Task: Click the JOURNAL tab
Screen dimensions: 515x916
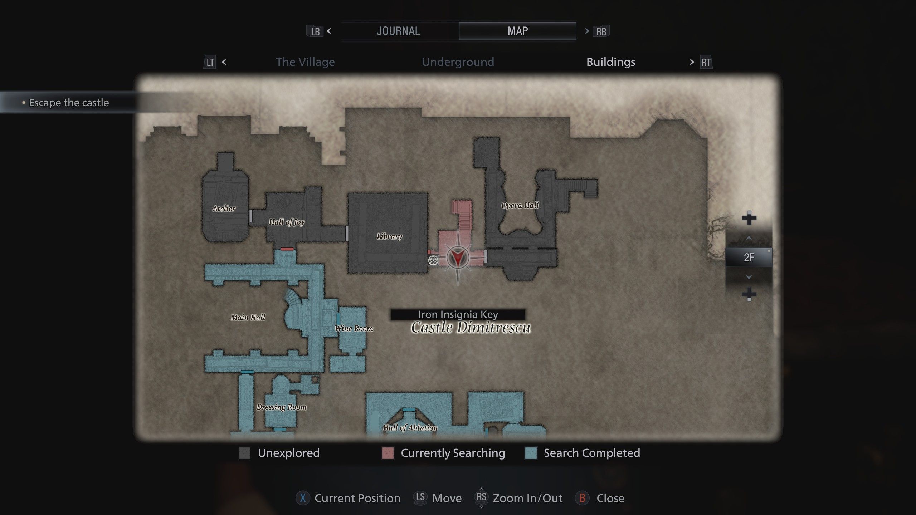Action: click(398, 31)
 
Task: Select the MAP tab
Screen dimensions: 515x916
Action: click(517, 31)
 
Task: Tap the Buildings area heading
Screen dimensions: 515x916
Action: click(611, 62)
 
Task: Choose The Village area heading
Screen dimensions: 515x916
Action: click(305, 62)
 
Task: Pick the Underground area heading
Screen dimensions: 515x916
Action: click(458, 62)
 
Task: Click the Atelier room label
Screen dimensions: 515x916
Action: click(224, 209)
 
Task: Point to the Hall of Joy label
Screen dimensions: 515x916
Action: click(287, 222)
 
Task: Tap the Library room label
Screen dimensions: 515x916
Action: click(389, 236)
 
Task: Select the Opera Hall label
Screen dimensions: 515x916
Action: click(520, 205)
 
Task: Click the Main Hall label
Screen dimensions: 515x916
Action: click(248, 317)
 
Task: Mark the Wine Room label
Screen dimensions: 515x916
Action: click(354, 328)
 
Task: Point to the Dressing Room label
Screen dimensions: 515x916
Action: click(282, 407)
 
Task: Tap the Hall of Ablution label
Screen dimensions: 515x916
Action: click(410, 427)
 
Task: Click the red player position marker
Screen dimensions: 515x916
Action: click(458, 257)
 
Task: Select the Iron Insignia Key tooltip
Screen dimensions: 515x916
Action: click(458, 314)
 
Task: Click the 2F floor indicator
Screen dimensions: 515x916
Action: click(749, 257)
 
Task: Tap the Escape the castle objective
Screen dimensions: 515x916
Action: click(69, 103)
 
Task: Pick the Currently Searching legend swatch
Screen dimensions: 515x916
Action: click(388, 453)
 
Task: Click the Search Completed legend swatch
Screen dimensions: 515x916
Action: click(531, 453)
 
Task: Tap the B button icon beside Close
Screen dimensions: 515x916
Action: click(582, 498)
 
